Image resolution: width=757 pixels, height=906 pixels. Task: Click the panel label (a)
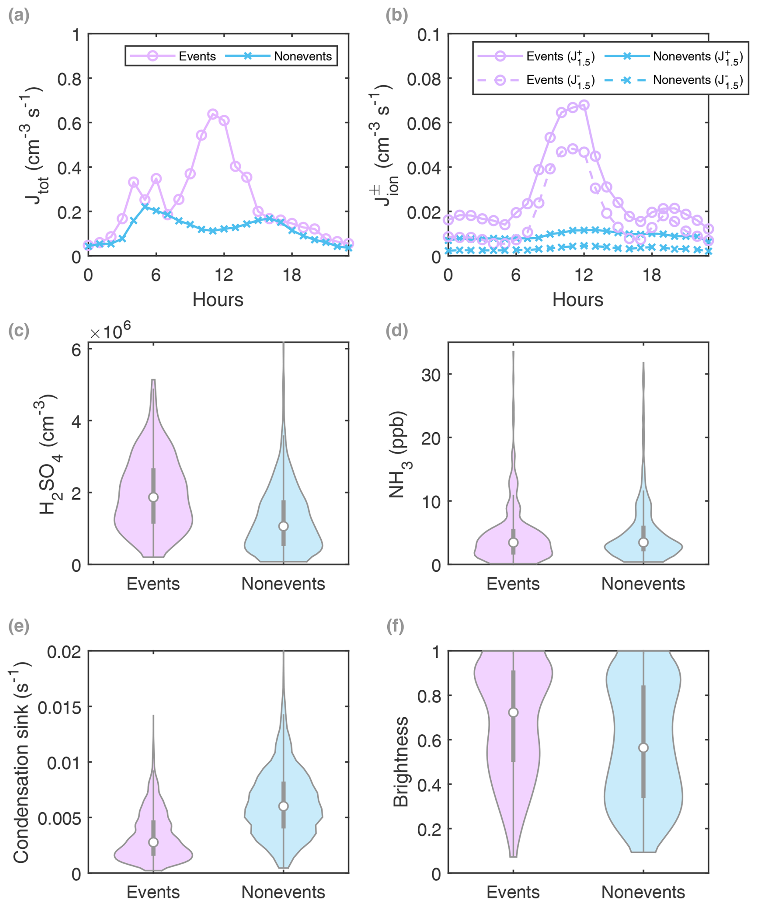[18, 16]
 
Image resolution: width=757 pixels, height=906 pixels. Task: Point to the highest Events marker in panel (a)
[212, 114]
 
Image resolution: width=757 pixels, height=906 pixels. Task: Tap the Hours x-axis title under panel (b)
[578, 299]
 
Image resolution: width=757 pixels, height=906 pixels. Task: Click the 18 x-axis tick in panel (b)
[652, 275]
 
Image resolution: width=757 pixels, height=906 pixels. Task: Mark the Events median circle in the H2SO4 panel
[153, 497]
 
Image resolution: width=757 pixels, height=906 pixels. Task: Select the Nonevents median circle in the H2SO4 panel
[283, 526]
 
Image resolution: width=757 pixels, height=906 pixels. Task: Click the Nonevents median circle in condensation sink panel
[283, 806]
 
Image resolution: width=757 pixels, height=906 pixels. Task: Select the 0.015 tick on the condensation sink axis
[59, 708]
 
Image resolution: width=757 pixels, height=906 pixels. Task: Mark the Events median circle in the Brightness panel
[513, 712]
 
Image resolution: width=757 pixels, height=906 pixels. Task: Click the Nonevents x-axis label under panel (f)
[643, 892]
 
